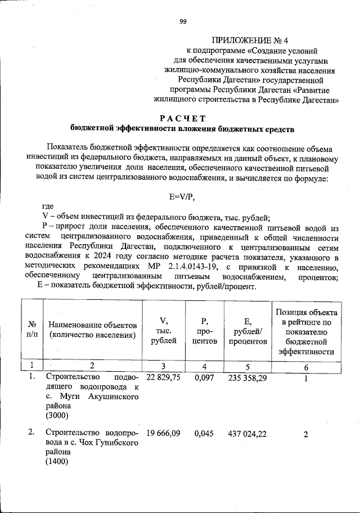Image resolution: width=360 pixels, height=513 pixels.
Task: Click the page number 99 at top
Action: [183, 22]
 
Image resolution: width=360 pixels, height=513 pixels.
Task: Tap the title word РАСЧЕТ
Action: [183, 118]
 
